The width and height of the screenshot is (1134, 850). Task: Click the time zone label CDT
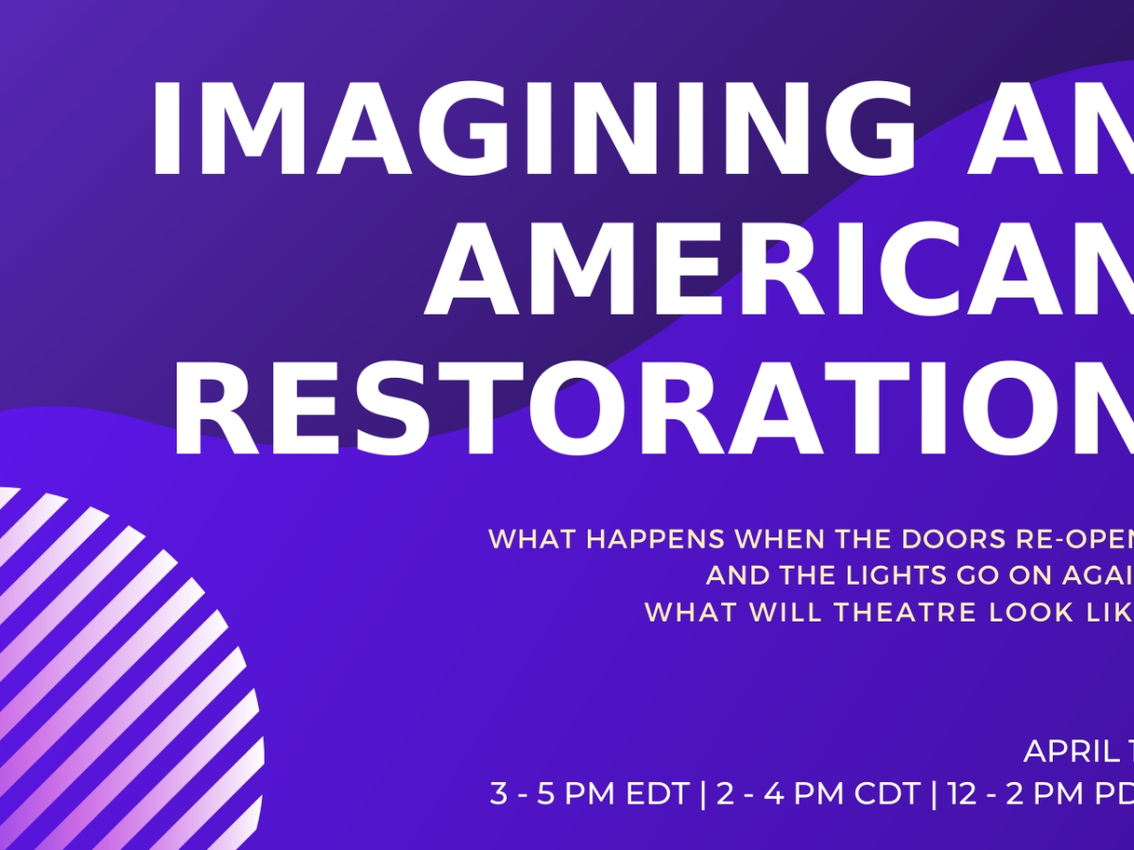tap(886, 794)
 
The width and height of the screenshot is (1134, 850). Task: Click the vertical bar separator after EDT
tap(702, 794)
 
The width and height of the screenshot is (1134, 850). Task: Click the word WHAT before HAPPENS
tap(533, 540)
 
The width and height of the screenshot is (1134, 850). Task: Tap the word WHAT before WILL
tap(688, 612)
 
